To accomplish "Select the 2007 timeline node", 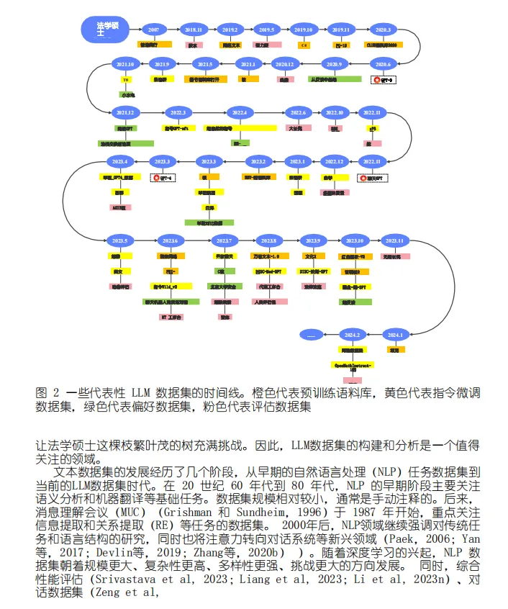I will tap(153, 30).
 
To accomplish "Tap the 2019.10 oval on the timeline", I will tap(303, 30).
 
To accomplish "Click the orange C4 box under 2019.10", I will tap(304, 45).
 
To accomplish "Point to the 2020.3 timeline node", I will tap(382, 30).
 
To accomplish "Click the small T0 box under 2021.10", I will tap(125, 79).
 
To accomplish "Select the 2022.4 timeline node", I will tap(239, 113).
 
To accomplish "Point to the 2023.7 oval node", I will tap(224, 240).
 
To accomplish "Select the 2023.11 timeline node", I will tap(396, 240).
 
